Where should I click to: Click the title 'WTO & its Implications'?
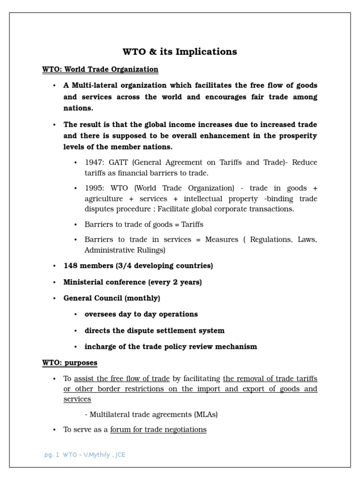point(180,52)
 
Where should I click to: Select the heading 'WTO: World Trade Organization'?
point(100,69)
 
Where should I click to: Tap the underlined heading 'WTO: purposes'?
point(70,363)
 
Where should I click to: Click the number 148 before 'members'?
point(70,266)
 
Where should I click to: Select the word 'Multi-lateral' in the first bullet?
point(94,85)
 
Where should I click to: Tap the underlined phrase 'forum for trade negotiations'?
point(158,429)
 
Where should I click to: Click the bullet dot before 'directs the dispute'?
point(75,331)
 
